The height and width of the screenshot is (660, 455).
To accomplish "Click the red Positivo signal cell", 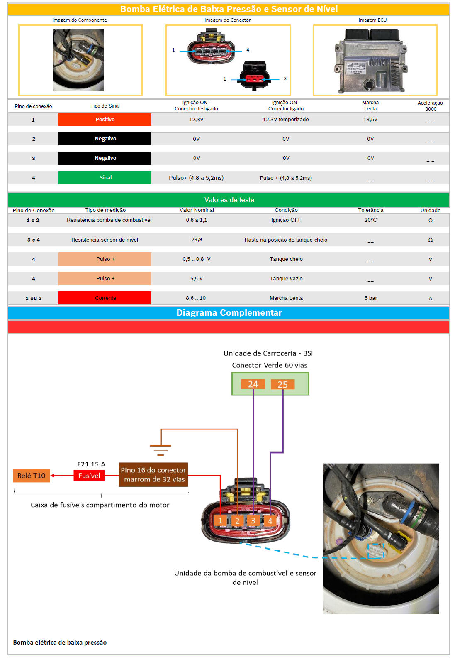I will [105, 120].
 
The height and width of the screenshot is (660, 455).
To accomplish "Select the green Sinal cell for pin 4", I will [105, 178].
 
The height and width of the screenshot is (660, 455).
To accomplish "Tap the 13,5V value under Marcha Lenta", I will [370, 120].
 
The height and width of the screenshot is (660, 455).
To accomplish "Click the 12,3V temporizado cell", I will [286, 120].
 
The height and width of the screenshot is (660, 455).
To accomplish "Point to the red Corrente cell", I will [105, 298].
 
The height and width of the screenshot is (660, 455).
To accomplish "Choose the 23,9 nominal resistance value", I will [197, 240].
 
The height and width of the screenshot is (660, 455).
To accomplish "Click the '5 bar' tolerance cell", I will [370, 298].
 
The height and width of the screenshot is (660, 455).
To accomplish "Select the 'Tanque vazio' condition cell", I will [286, 279].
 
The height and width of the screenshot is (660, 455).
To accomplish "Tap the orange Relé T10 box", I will [32, 476].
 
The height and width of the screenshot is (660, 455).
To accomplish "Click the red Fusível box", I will [89, 476].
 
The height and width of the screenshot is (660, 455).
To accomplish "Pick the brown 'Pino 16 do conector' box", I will [153, 475].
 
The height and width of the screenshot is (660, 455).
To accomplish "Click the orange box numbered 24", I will [253, 384].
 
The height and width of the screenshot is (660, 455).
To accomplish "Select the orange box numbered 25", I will [282, 385].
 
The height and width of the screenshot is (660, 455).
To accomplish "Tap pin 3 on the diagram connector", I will [253, 520].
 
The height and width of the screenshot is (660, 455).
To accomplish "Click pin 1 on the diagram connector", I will [220, 520].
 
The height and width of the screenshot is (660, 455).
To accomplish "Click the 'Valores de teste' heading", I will [229, 200].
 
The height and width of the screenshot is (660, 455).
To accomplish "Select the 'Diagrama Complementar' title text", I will [229, 313].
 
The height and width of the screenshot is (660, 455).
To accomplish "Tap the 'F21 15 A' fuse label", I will [91, 464].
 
